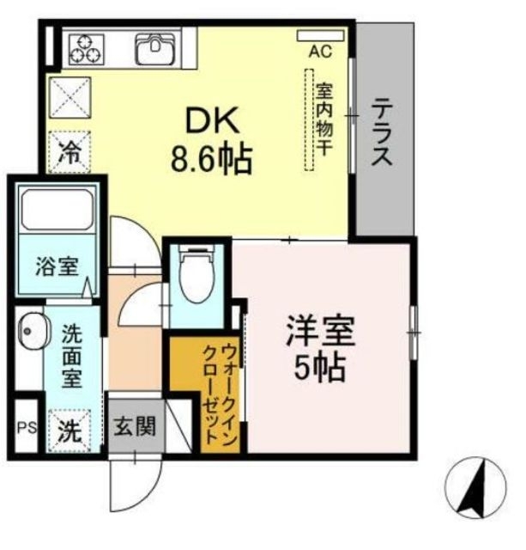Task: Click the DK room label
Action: click(207, 120)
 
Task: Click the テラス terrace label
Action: click(382, 133)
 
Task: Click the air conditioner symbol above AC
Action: click(318, 35)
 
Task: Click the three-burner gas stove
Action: click(86, 47)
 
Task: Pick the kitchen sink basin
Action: click(154, 48)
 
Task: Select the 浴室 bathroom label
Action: click(57, 266)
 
